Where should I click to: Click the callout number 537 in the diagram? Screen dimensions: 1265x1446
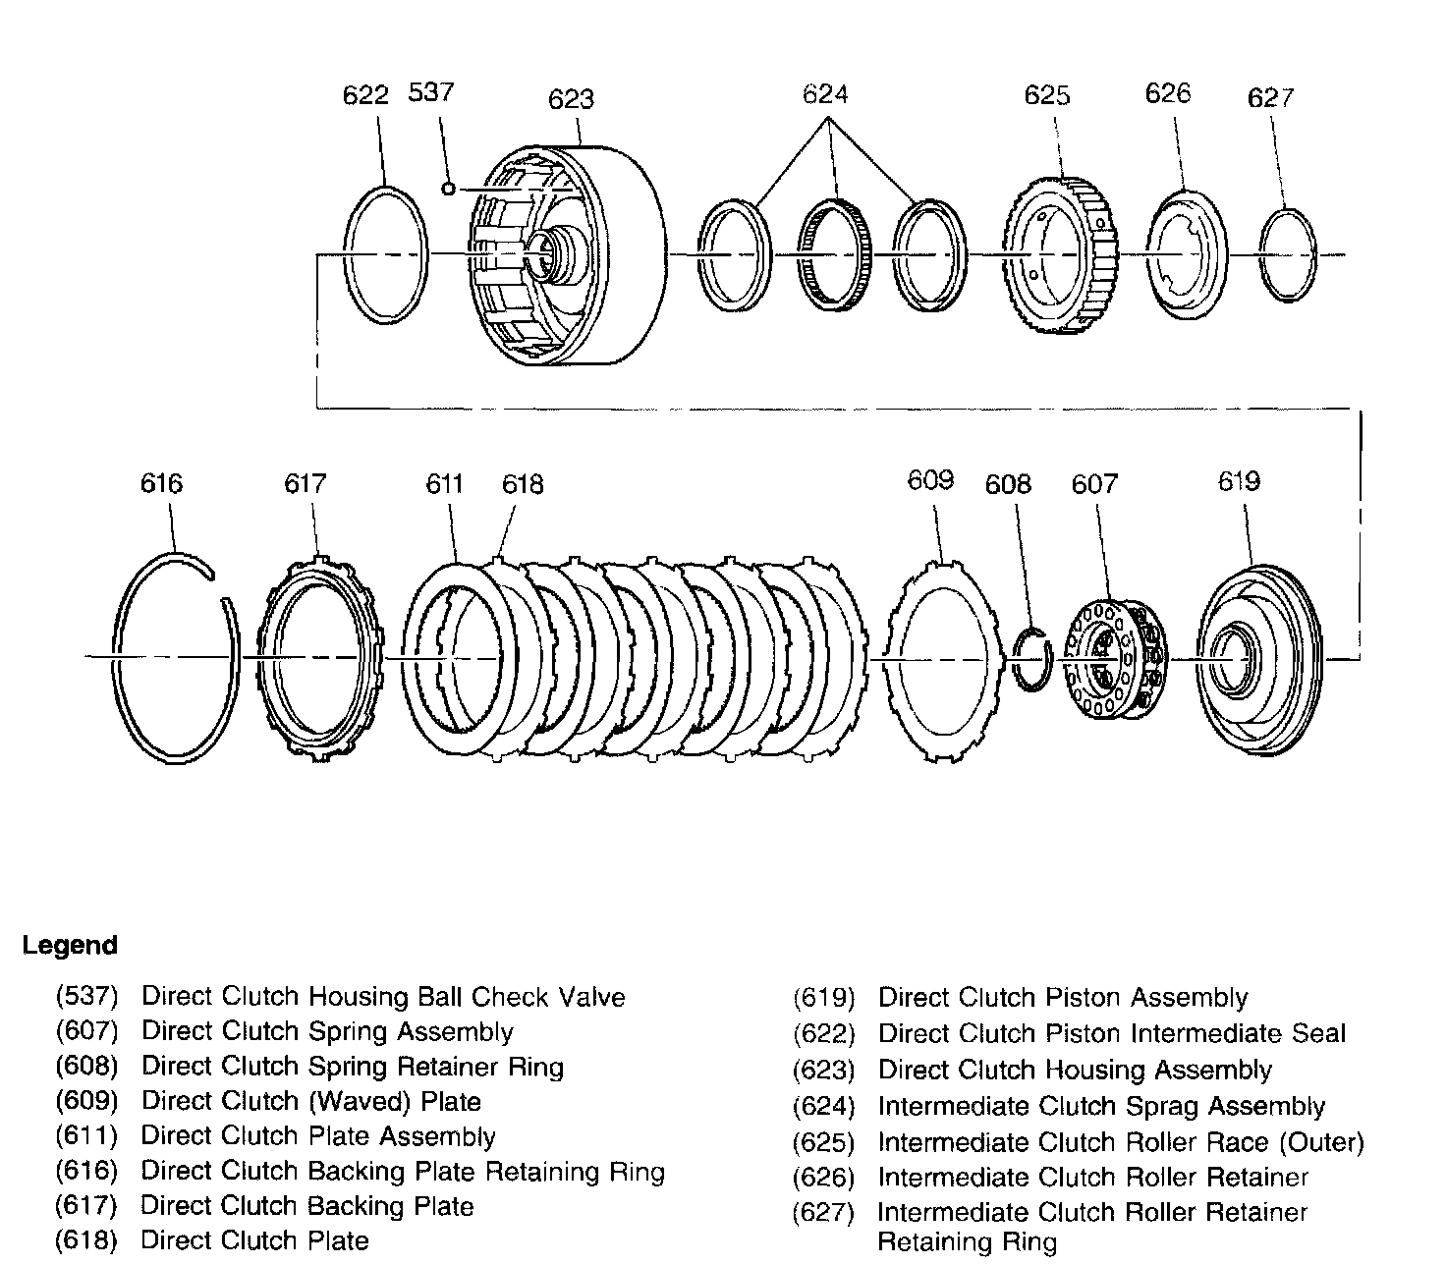[x=430, y=92]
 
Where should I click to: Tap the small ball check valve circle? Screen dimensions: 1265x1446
[x=448, y=189]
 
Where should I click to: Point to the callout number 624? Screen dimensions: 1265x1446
[x=824, y=94]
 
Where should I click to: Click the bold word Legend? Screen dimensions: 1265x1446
[x=70, y=946]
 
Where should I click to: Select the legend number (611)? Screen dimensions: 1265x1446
[x=86, y=1136]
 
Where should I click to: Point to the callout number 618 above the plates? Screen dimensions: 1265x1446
[x=522, y=484]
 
